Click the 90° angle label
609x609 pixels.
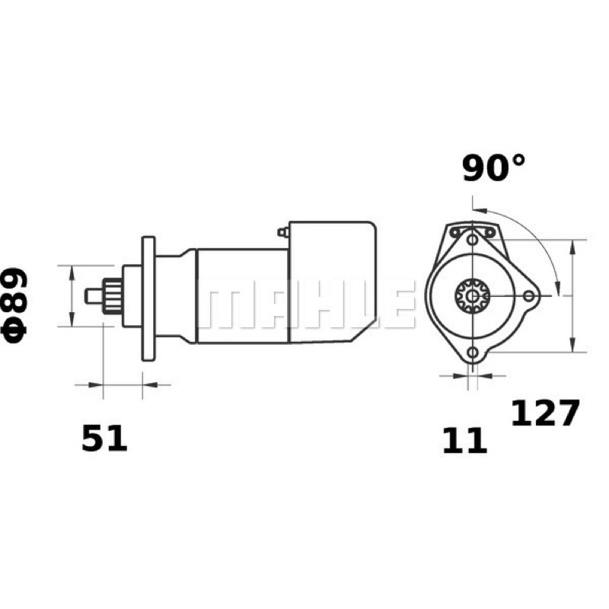click(x=493, y=167)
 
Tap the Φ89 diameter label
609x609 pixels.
click(x=14, y=306)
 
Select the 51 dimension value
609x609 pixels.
click(x=104, y=438)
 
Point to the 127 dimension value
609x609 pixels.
click(x=545, y=413)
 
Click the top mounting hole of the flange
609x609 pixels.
click(x=472, y=240)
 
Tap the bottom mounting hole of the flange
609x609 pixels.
click(x=472, y=352)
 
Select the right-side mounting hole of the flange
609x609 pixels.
click(x=528, y=296)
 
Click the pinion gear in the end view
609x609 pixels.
click(x=472, y=296)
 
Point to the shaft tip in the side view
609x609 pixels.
click(x=94, y=296)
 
